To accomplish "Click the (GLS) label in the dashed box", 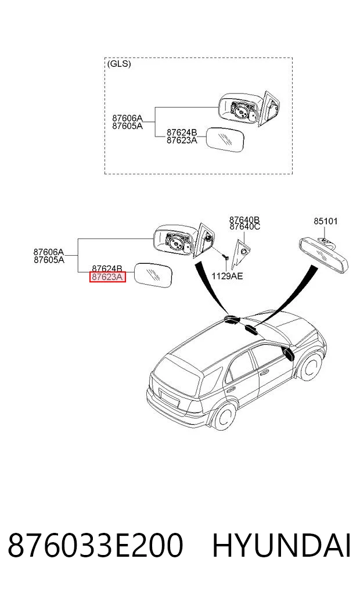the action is coord(119,64).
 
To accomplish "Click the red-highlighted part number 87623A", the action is coord(107,277).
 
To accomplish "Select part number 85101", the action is coord(326,221).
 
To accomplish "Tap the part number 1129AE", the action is coord(227,276).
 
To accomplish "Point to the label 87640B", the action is coord(245,219).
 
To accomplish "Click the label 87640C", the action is coord(245,227).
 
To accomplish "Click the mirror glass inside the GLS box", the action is coord(225,139).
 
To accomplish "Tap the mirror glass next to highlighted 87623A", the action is coord(153,275).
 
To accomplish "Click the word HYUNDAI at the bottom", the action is coord(281,546).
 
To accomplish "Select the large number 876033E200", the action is coord(96,546).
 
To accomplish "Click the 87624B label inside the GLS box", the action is coord(182,132).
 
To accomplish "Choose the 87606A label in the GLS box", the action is coord(127,119).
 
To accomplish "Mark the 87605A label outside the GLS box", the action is coord(49,260).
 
